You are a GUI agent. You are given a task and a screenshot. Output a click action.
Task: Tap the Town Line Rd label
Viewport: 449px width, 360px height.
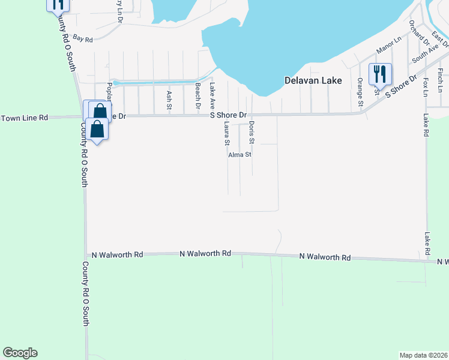[x=24, y=118]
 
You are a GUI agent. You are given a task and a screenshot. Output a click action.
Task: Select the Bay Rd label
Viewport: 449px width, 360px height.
[x=85, y=40]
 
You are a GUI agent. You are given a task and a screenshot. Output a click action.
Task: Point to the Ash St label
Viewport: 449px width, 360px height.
[x=169, y=96]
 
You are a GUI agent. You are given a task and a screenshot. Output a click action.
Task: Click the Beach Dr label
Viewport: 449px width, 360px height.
[x=197, y=94]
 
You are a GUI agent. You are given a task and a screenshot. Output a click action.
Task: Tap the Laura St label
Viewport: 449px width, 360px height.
[x=226, y=134]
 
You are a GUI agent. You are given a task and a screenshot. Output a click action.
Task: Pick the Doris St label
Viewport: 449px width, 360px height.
[x=252, y=132]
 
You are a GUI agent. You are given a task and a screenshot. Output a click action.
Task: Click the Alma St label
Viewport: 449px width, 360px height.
[x=240, y=154]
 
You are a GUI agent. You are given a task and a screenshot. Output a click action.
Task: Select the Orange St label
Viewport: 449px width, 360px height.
[x=360, y=92]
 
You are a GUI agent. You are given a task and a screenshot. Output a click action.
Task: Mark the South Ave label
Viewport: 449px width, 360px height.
[x=424, y=54]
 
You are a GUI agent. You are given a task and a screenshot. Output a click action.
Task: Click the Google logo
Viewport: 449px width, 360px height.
[x=20, y=353]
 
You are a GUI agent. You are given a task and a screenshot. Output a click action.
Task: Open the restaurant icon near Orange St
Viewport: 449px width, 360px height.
[x=380, y=74]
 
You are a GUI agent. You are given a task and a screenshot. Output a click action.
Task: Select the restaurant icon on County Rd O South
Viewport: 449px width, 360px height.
[x=58, y=4]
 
